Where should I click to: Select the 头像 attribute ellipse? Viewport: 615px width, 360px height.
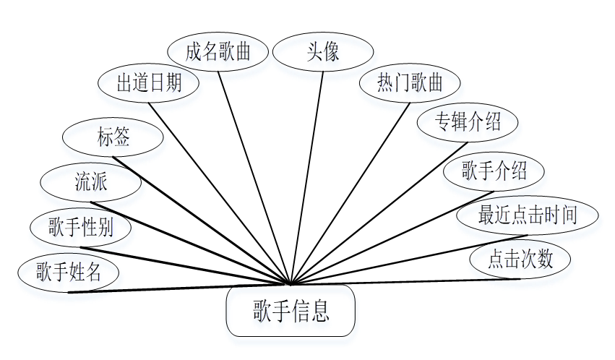click(x=322, y=52)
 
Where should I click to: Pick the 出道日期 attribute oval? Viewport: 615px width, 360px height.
click(x=149, y=82)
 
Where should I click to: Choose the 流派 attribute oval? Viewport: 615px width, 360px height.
click(x=91, y=181)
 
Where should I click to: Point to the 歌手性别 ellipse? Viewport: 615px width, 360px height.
click(x=81, y=228)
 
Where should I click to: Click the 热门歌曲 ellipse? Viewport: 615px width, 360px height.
click(x=409, y=82)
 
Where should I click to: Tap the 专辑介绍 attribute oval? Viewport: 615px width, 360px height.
click(x=468, y=121)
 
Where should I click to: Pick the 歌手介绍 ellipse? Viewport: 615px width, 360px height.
click(x=494, y=171)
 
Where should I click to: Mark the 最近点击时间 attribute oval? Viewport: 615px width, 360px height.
click(x=528, y=215)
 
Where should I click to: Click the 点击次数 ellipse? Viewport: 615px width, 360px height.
click(x=520, y=259)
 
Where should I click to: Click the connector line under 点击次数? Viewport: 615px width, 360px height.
click(x=405, y=281)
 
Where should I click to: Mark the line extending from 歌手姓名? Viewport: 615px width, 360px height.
click(x=181, y=288)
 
